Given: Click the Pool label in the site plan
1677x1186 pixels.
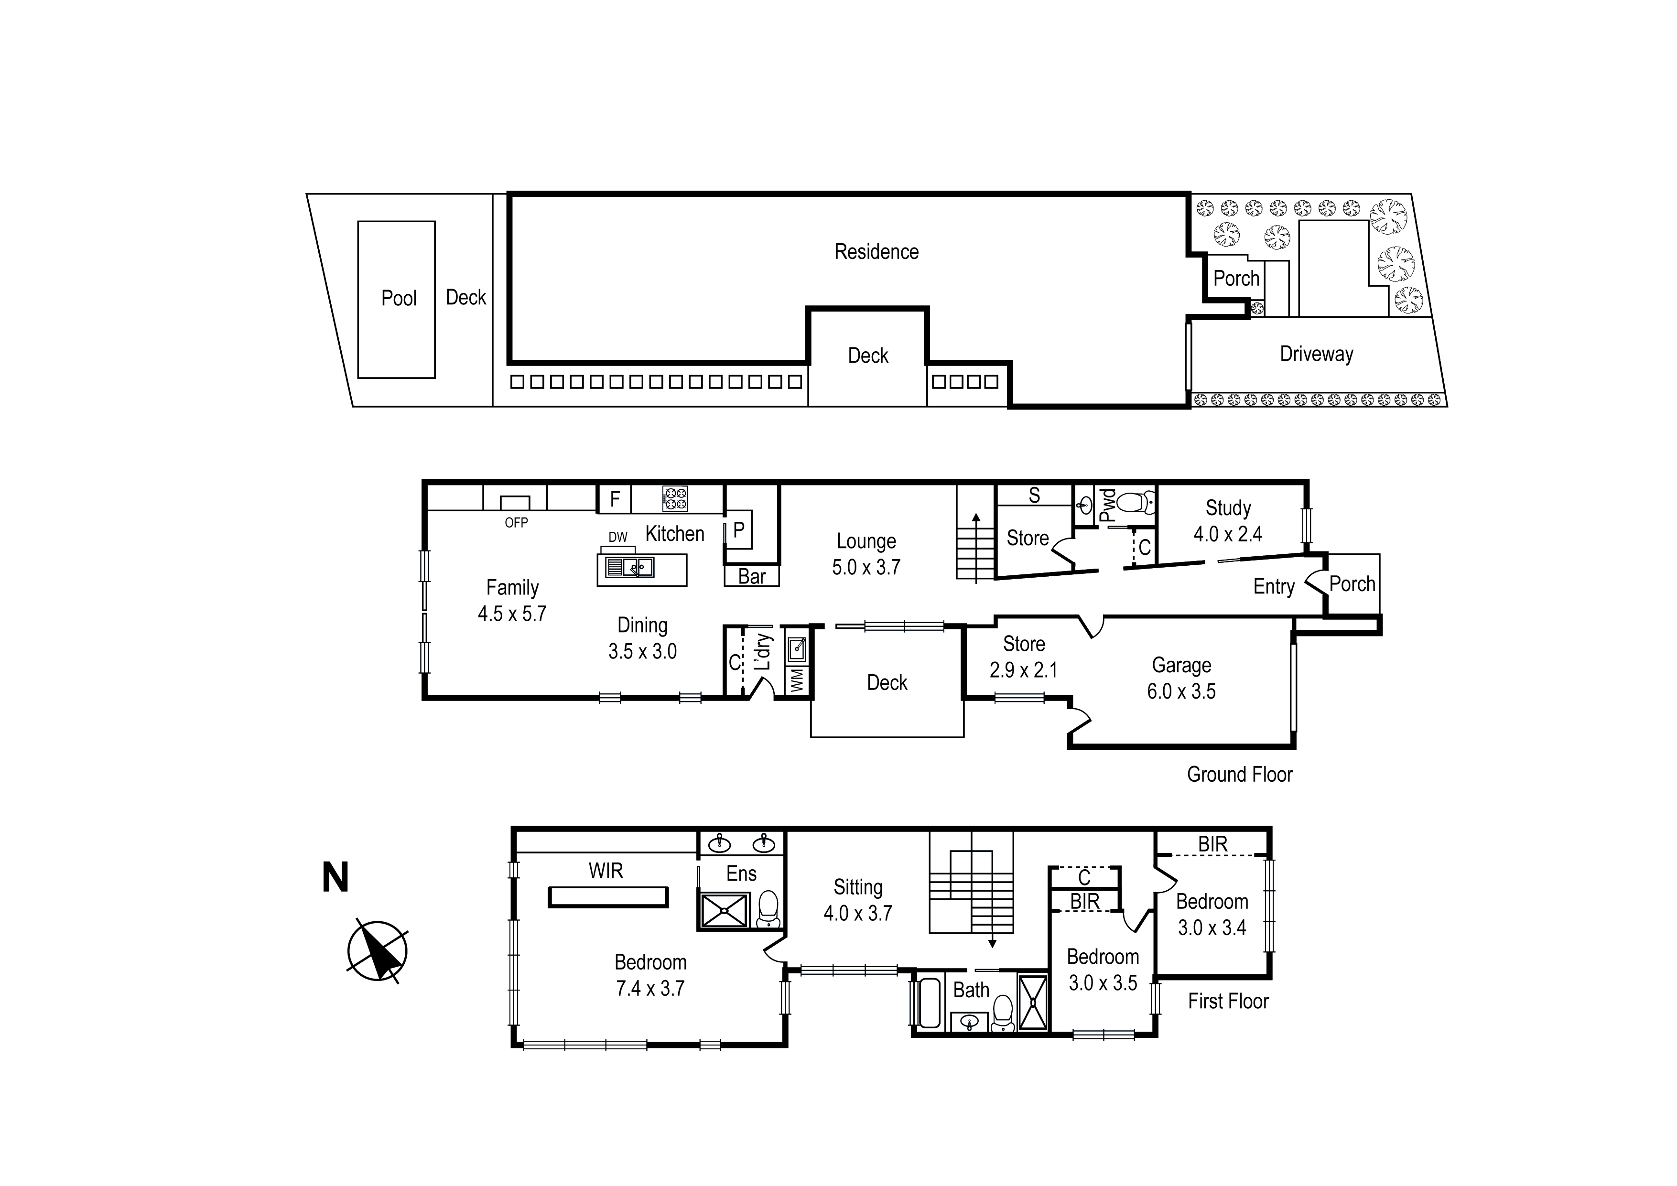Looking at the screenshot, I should (x=399, y=298).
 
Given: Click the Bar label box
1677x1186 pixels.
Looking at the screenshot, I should (x=752, y=576).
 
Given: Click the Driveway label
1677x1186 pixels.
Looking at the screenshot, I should (x=1316, y=354).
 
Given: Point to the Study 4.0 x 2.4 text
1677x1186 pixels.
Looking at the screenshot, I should (x=1228, y=521).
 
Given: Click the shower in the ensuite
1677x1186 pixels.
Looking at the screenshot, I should (x=725, y=910).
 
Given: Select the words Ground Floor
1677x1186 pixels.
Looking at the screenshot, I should (x=1240, y=774).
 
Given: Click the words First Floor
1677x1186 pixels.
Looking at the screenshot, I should (x=1228, y=1001).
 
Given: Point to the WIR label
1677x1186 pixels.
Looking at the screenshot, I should (x=606, y=871).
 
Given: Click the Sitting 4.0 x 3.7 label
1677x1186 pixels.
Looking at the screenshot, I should (x=858, y=900).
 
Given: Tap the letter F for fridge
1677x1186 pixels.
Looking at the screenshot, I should (x=615, y=499).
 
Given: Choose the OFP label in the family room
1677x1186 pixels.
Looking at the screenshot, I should (x=516, y=522).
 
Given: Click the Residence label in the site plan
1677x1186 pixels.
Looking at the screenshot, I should (x=876, y=252).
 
